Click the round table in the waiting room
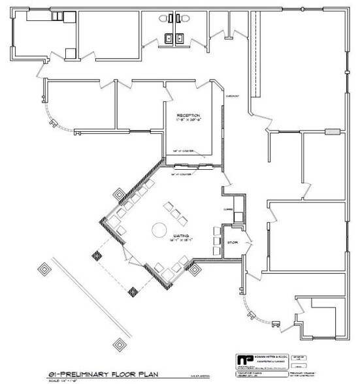pos(159,229)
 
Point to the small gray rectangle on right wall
pos(334,131)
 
